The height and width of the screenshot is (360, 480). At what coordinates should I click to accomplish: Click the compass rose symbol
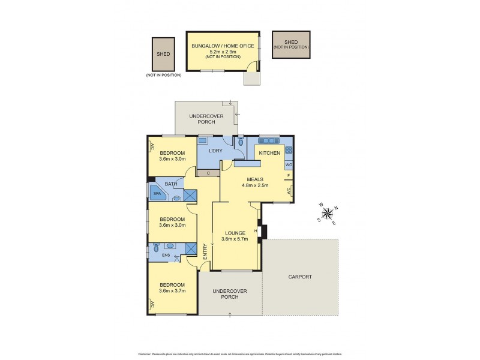[327, 214]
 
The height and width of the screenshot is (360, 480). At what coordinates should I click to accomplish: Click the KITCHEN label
[269, 154]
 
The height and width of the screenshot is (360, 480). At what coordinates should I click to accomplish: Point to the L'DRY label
[216, 151]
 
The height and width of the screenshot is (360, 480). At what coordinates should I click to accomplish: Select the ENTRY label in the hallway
[205, 250]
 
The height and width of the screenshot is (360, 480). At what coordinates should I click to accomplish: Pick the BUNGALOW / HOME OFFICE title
[223, 46]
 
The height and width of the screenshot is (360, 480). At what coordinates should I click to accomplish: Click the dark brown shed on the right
[291, 44]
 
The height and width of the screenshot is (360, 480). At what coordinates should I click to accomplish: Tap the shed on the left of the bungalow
[164, 54]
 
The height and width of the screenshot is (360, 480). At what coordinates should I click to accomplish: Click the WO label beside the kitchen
[289, 165]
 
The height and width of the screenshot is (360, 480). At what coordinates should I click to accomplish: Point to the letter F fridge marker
[289, 176]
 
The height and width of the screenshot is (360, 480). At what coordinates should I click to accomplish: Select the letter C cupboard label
[208, 173]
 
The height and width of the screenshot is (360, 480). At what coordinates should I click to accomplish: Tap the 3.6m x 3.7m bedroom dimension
[172, 291]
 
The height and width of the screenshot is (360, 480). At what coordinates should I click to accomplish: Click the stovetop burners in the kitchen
[289, 151]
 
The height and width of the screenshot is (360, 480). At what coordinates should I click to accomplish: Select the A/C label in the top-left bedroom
[152, 146]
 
